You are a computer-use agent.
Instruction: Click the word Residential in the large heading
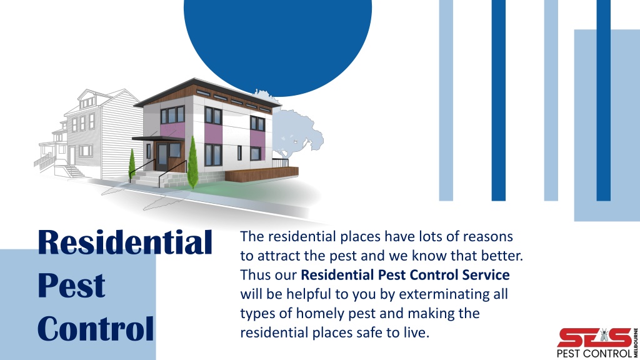(x=125, y=242)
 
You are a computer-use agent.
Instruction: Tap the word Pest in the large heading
(x=71, y=285)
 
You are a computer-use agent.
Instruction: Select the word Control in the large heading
(x=96, y=328)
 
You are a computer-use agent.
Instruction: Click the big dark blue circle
(x=278, y=45)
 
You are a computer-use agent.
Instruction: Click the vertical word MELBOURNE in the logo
(x=636, y=342)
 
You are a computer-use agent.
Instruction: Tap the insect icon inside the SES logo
(x=604, y=336)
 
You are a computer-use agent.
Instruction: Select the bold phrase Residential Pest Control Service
(x=405, y=275)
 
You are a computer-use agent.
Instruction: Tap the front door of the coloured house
(x=162, y=157)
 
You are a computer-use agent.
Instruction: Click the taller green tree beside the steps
(x=192, y=162)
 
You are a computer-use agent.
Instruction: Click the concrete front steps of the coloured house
(x=149, y=179)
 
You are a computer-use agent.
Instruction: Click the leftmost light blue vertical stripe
(x=446, y=101)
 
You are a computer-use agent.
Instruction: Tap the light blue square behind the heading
(x=78, y=304)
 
